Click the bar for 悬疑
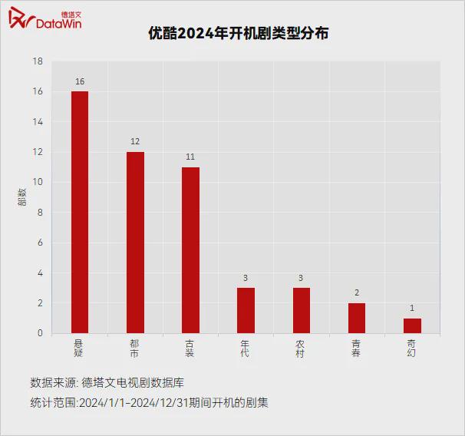tap(80, 213)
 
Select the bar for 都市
tap(135, 243)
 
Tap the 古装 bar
tap(190, 250)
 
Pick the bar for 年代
tap(246, 310)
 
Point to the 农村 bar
tap(301, 310)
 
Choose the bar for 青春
tap(357, 318)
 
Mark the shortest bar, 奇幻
tap(412, 325)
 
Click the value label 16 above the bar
tap(80, 81)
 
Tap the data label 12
tap(135, 142)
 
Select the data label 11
tap(190, 157)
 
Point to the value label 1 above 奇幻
tap(412, 309)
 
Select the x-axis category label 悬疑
tap(79, 348)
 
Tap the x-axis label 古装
tap(190, 348)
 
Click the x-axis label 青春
tap(357, 348)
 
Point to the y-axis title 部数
tap(22, 197)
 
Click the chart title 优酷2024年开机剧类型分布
tap(232, 34)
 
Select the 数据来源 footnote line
tap(107, 382)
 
